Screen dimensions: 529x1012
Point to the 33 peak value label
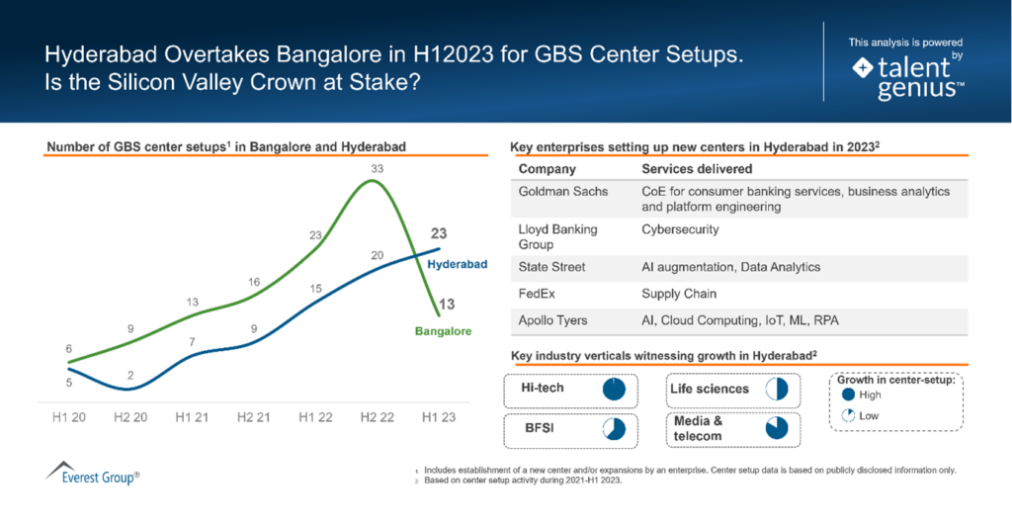pos(377,168)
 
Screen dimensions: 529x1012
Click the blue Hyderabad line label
pos(458,265)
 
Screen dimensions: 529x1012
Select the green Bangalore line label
pos(443,330)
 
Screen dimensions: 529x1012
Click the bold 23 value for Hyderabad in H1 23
pos(440,234)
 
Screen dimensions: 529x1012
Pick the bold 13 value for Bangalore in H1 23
pos(447,305)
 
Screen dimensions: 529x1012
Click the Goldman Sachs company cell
pos(563,191)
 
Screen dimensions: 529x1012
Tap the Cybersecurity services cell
pos(680,229)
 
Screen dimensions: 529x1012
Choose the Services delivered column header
pos(697,169)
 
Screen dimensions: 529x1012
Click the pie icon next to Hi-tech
pos(615,389)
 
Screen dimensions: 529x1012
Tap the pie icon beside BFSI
pos(615,429)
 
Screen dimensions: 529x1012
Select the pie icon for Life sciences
pos(776,389)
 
